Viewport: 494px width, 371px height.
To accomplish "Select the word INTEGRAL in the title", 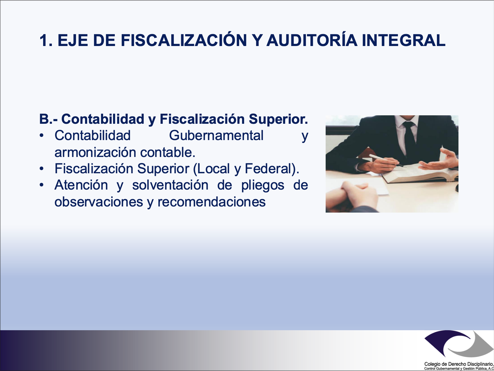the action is tap(404, 40).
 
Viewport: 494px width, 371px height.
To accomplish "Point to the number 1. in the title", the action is tap(46, 40).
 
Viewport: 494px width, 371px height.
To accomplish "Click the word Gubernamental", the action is tap(216, 135).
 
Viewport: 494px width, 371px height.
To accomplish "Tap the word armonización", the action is tap(95, 152).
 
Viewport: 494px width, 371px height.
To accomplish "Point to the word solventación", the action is tap(170, 185).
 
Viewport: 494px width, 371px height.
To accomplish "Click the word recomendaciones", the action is tap(211, 202).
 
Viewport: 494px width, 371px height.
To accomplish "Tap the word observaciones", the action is tap(99, 202).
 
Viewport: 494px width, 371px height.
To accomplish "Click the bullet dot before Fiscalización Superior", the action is tap(42, 169).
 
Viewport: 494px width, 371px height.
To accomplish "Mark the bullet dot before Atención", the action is tap(42, 185).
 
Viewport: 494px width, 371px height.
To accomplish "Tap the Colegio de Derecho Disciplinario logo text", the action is tap(459, 366).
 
